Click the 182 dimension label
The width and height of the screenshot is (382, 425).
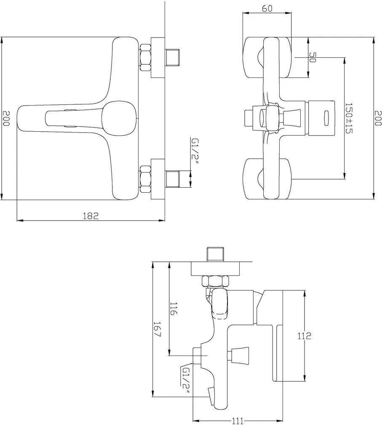click(91, 216)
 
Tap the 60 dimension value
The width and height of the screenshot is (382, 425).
click(267, 8)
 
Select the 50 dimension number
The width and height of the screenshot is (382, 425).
click(313, 57)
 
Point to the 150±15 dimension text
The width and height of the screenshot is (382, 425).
click(349, 118)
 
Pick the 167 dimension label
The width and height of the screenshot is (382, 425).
click(157, 329)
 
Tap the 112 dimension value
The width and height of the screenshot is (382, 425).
click(304, 336)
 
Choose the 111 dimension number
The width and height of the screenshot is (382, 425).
click(238, 421)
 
